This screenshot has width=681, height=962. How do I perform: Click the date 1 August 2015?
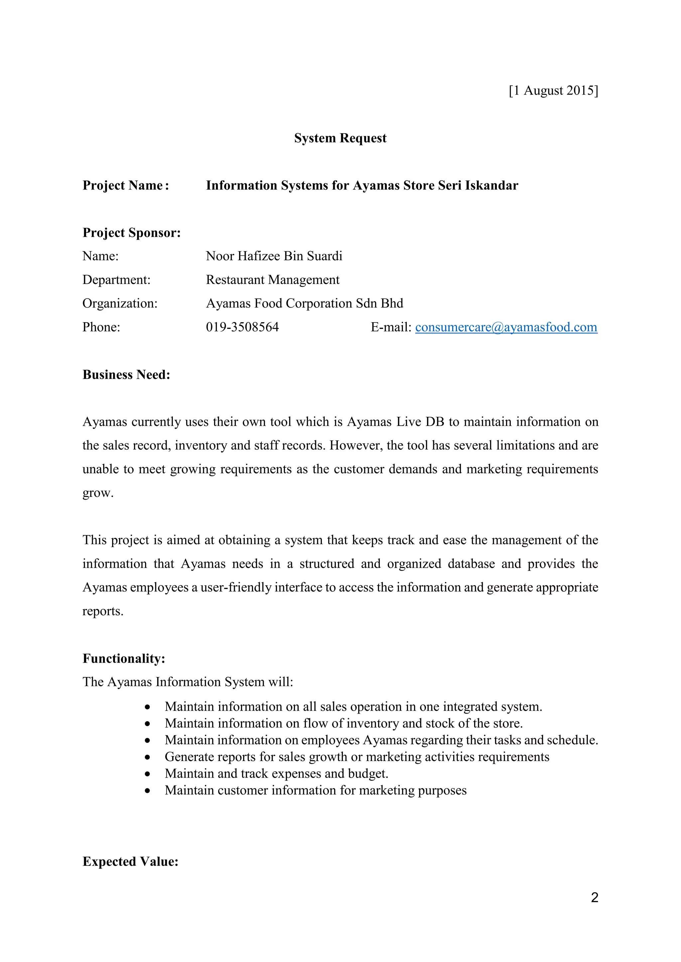[x=554, y=90]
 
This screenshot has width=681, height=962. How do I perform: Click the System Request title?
[x=340, y=138]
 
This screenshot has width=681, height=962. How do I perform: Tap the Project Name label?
[x=125, y=185]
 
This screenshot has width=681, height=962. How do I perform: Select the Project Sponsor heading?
[x=132, y=233]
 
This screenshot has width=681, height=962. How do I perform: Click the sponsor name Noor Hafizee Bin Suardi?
[x=274, y=256]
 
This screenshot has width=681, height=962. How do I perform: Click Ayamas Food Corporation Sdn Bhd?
[x=305, y=303]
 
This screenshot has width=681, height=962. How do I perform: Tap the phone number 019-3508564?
[x=242, y=327]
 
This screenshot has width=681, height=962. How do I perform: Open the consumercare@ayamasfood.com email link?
[x=506, y=327]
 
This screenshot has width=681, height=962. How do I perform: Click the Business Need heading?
[x=126, y=375]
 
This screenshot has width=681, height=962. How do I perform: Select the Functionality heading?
[x=124, y=658]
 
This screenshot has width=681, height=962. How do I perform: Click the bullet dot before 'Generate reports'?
[x=147, y=757]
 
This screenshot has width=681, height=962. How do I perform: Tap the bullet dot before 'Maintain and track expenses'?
[x=147, y=774]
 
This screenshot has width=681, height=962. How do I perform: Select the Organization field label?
[x=120, y=303]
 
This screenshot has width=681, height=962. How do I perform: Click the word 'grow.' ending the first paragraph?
[x=98, y=493]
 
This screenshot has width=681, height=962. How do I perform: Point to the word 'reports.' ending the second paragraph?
[x=103, y=611]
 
